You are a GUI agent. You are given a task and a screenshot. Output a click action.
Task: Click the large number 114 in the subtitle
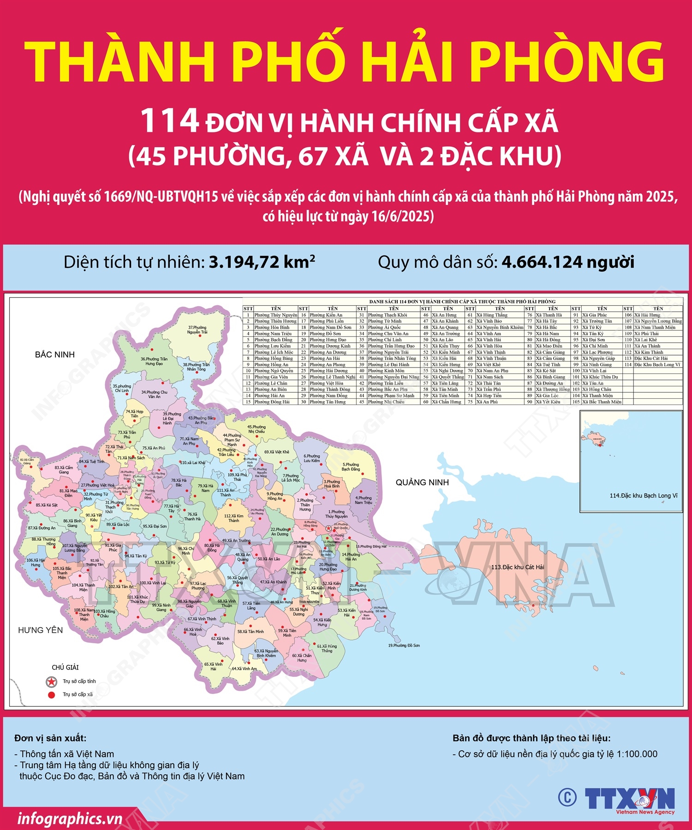[169, 121]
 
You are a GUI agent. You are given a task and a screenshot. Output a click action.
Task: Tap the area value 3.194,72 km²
[262, 262]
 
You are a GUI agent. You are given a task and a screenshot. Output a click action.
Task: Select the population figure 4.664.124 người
[568, 262]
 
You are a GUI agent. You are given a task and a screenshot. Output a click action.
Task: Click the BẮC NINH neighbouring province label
[54, 355]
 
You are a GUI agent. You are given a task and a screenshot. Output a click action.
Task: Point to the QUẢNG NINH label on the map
[422, 482]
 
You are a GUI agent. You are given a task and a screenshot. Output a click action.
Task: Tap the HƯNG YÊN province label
[40, 630]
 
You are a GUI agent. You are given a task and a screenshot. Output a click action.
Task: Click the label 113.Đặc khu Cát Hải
[517, 567]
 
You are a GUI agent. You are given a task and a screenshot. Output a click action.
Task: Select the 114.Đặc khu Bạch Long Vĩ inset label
[643, 496]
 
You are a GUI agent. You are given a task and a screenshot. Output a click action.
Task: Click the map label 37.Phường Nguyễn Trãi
[197, 330]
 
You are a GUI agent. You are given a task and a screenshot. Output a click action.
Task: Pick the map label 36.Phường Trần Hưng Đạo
[154, 361]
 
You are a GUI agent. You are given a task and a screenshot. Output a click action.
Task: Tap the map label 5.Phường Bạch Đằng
[351, 467]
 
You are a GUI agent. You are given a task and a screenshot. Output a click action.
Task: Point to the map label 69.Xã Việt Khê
[277, 452]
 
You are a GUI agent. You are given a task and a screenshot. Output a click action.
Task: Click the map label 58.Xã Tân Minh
[251, 632]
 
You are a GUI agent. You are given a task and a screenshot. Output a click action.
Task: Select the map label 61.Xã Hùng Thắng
[327, 648]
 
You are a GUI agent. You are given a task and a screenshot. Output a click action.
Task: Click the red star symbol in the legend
[51, 682]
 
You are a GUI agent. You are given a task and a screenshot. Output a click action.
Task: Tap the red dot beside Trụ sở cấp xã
[52, 695]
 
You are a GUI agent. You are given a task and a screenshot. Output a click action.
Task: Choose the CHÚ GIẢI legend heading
[65, 667]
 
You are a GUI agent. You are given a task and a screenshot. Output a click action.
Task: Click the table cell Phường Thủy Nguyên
[275, 315]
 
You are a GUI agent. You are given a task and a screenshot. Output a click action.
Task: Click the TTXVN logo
[629, 799]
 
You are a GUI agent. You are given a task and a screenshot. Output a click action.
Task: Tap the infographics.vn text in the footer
[70, 819]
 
